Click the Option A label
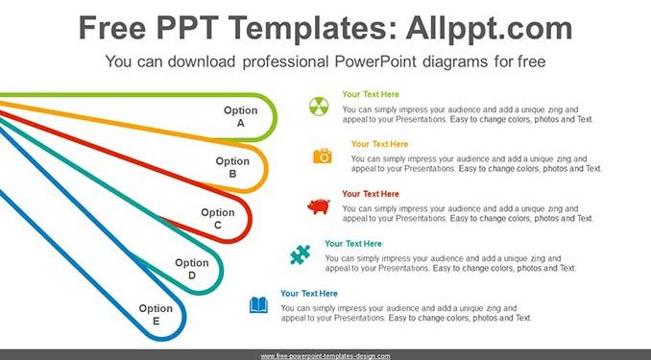point(240,117)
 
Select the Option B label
point(232,167)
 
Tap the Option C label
point(218,219)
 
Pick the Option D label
point(192,269)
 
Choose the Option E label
point(156,314)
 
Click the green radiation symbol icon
point(319,107)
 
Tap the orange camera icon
point(323,156)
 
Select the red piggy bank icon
point(319,206)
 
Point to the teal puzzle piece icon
point(301,255)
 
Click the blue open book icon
point(258,305)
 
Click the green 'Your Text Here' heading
point(371,94)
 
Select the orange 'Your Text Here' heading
point(379,144)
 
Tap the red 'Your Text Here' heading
point(371,194)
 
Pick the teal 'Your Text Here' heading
point(353,244)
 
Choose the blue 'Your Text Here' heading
point(309,294)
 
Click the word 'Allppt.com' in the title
point(489,29)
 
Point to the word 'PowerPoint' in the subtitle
point(375,61)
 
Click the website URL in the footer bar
point(325,356)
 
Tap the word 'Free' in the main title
point(112,28)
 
